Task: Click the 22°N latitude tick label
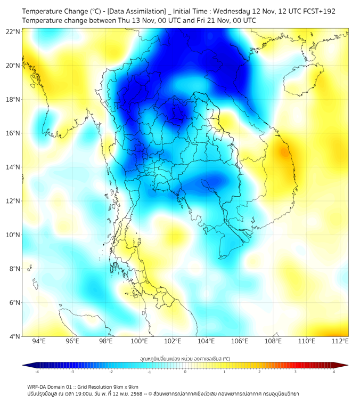click(x=13, y=31)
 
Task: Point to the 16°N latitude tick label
click(x=13, y=133)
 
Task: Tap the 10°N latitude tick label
click(x=13, y=235)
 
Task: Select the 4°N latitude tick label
click(x=14, y=336)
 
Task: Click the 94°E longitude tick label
click(x=39, y=341)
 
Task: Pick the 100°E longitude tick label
click(x=140, y=341)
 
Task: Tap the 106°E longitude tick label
click(x=240, y=341)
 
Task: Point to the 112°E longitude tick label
click(x=340, y=341)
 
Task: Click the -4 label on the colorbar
click(x=37, y=372)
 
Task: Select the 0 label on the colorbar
click(x=185, y=372)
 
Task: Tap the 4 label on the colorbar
click(x=333, y=372)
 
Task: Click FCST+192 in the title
click(x=316, y=11)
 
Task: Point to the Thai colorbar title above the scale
click(x=185, y=358)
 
